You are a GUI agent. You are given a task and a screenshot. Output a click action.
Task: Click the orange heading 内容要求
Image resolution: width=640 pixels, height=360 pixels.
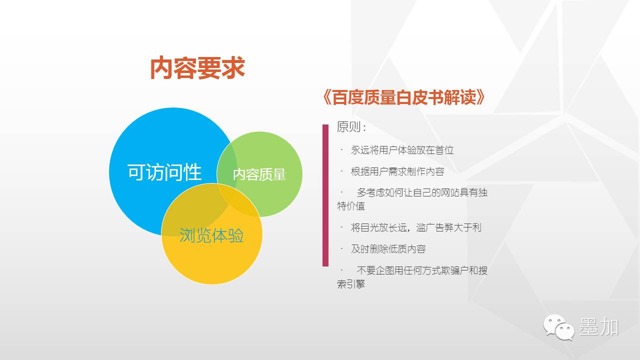click(x=197, y=68)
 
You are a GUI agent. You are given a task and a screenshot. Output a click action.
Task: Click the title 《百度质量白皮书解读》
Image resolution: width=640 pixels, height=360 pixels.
click(x=403, y=97)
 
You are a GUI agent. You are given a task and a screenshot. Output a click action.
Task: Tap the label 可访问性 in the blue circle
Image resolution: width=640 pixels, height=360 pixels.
click(x=164, y=172)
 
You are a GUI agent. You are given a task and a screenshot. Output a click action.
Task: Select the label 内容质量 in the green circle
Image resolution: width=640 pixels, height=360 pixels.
click(x=259, y=174)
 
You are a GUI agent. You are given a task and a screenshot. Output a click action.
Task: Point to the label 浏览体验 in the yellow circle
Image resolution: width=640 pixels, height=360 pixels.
click(x=211, y=235)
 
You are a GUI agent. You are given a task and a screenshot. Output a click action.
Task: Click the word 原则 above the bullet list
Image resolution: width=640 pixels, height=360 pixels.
click(x=348, y=126)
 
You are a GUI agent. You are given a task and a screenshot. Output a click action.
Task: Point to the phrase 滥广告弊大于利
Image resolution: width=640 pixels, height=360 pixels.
click(x=449, y=227)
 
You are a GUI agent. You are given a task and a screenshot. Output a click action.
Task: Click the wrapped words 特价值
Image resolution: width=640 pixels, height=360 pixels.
click(x=351, y=205)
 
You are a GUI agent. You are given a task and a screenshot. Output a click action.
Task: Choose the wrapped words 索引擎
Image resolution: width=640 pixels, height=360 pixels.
click(x=351, y=284)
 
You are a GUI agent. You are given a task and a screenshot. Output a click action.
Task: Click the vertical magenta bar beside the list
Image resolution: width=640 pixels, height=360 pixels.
click(x=325, y=195)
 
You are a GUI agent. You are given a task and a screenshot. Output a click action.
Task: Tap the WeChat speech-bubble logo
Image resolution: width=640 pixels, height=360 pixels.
click(x=558, y=327)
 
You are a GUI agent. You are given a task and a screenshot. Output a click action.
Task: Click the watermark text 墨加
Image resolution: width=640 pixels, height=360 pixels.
click(x=599, y=326)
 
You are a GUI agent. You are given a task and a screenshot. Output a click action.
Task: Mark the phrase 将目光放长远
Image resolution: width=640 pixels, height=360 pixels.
click(x=378, y=227)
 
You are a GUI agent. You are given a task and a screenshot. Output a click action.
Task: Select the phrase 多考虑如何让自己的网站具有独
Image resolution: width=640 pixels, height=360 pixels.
click(x=422, y=192)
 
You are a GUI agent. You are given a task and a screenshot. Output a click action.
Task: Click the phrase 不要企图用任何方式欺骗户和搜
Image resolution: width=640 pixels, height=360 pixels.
click(x=422, y=270)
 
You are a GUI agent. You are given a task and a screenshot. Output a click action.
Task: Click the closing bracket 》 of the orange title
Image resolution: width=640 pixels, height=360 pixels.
click(x=480, y=97)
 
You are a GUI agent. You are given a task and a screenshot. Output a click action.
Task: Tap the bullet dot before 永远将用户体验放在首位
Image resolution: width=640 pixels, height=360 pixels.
click(x=341, y=149)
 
